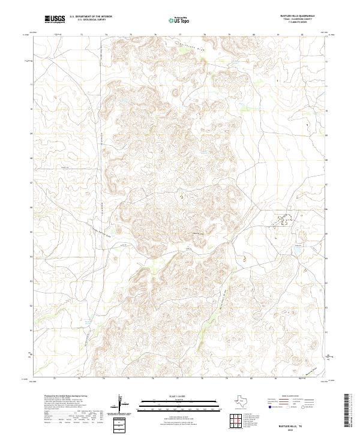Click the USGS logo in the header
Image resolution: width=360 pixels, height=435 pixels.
click(x=55, y=20)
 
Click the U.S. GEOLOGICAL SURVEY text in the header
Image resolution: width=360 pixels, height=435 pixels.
click(x=88, y=21)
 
